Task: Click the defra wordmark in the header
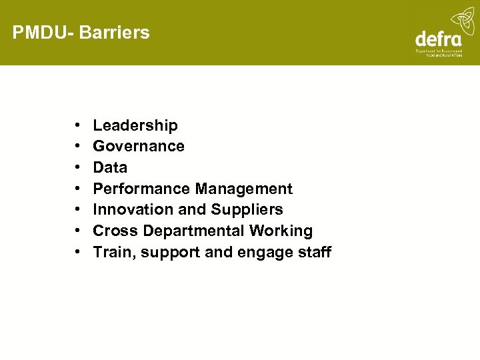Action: point(438,39)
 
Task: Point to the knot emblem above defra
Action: point(462,19)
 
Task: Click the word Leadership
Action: point(135,125)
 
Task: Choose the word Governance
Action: point(139,146)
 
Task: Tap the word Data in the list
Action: point(110,167)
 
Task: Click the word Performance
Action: point(141,189)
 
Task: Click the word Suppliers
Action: point(247,209)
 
